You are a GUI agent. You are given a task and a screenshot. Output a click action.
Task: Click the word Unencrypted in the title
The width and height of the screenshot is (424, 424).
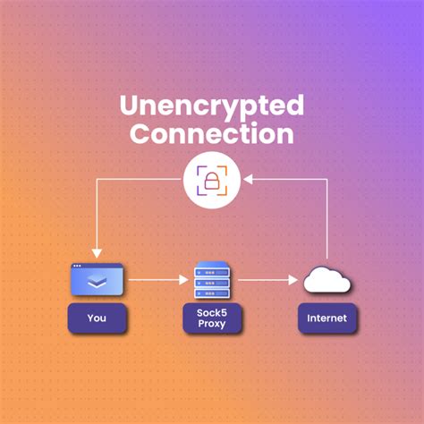[212, 106]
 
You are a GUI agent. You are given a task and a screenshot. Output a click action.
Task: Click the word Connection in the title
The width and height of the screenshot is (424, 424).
[212, 133]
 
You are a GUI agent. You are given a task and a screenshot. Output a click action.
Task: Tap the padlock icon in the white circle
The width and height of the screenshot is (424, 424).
[212, 181]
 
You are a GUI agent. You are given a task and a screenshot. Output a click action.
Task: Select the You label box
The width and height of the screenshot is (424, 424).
[97, 318]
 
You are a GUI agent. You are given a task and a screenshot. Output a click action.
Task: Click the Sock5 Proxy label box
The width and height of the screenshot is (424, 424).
[212, 318]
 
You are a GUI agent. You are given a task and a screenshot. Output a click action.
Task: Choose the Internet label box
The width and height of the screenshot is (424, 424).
[327, 318]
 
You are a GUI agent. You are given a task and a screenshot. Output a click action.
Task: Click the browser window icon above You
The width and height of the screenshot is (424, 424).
[97, 279]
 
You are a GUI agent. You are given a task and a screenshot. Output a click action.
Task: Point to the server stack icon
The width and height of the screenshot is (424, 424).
[212, 280]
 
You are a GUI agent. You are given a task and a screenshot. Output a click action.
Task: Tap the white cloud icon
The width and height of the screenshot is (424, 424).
[326, 280]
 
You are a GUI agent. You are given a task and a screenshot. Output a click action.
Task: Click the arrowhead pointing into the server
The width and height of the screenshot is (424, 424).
[183, 280]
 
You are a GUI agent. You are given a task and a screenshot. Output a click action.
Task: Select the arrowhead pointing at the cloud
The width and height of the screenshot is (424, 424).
[293, 280]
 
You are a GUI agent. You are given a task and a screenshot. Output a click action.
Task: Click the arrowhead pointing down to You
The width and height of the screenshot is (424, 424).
[97, 253]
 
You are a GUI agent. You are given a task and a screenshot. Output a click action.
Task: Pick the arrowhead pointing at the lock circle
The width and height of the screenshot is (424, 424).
[248, 179]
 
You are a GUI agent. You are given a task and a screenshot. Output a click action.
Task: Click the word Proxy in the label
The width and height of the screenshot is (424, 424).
[212, 324]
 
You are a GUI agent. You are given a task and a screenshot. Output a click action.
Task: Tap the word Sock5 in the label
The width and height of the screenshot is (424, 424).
[212, 313]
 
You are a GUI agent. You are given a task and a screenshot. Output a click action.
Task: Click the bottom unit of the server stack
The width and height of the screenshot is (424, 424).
[212, 293]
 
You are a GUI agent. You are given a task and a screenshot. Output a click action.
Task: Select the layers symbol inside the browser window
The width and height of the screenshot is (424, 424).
[97, 281]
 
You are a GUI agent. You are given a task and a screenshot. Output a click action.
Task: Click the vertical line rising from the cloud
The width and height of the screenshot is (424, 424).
[327, 218]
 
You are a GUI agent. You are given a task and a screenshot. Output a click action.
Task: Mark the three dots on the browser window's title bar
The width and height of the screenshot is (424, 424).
[77, 266]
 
